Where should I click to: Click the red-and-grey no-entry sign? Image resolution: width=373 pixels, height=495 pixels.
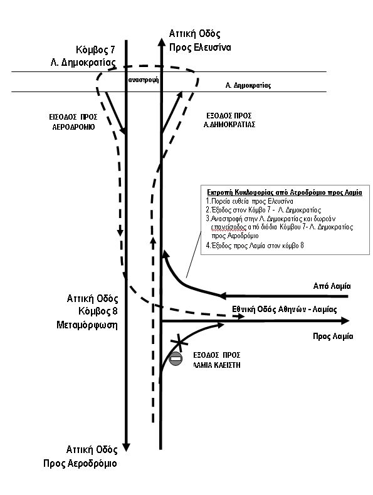pos(176,359)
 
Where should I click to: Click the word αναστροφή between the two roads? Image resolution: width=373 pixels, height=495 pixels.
pos(144,80)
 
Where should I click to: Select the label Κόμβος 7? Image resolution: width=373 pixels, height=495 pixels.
pos(95,50)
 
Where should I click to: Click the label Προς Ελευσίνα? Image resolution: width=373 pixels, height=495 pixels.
pos(200,48)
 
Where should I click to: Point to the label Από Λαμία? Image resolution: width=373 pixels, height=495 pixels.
pos(332,286)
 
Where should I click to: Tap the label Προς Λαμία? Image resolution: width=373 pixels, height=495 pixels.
pos(333,336)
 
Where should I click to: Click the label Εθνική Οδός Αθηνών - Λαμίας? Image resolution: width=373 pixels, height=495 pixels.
pos(284,309)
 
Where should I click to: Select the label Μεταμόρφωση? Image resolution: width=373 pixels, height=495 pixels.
pos(87,325)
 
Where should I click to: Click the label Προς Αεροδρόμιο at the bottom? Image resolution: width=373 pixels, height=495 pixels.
pos(80,464)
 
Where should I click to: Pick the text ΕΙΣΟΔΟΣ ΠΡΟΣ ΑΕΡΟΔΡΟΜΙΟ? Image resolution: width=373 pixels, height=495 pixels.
pos(73,122)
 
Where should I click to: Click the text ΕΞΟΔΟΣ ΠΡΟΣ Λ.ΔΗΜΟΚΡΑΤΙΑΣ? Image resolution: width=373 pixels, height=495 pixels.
pos(229,120)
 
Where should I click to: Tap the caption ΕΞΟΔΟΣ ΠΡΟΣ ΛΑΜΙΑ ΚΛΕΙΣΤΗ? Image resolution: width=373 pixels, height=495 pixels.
pos(217,360)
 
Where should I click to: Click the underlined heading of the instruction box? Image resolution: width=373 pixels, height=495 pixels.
pos(285,192)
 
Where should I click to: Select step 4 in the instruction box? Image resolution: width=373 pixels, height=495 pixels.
pos(255,245)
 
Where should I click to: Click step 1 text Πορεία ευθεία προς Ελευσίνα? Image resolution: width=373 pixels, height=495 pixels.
pos(250,201)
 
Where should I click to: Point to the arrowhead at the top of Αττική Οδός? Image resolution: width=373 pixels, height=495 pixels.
pos(160,43)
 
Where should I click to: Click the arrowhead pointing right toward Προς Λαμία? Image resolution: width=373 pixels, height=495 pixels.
pos(345,321)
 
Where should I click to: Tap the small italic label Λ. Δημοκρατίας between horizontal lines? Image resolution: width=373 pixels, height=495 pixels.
pos(248,85)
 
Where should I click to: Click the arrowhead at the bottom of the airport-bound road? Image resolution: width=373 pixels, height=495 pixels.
pos(127,447)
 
